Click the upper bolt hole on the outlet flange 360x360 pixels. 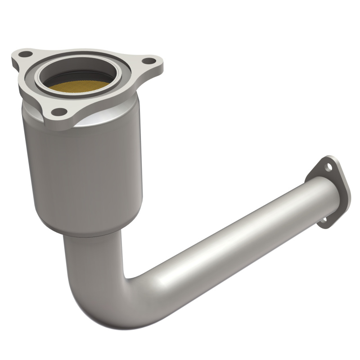coord(330,167)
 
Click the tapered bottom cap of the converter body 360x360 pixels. coord(90,229)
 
